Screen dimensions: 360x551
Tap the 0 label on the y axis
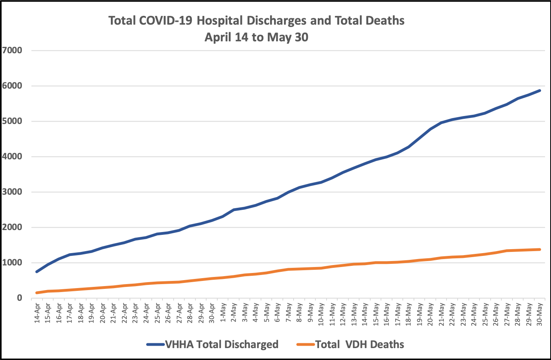tap(19, 298)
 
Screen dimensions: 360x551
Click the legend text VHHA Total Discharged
tap(222, 344)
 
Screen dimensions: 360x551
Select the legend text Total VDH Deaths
tap(360, 344)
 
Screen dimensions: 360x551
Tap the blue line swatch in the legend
tap(155, 344)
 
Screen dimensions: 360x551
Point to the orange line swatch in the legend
tap(306, 344)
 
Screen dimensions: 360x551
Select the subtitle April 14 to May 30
tap(256, 37)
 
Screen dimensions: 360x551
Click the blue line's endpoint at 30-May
tap(540, 91)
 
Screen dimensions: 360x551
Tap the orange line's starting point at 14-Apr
tap(37, 293)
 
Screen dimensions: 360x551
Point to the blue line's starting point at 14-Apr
tap(37, 272)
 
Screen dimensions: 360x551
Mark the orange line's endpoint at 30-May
tap(540, 250)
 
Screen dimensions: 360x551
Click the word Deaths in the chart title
tap(384, 21)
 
